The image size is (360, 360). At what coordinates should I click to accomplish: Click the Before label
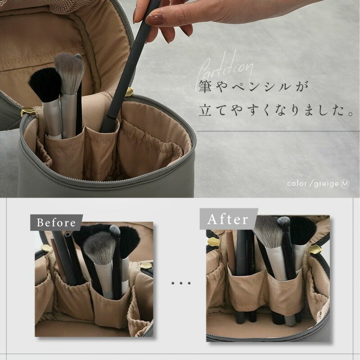coord(56,222)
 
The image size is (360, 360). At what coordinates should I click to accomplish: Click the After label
coord(228,219)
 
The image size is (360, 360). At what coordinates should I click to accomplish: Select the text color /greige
coord(313,184)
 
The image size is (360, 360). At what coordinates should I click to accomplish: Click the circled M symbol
coord(345,184)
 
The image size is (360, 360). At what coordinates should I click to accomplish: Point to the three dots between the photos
coord(180,283)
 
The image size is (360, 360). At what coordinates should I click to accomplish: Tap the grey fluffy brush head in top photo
coord(69,72)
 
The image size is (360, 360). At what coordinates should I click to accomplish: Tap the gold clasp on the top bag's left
coord(28,112)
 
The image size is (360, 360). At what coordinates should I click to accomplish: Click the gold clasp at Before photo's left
coord(46,248)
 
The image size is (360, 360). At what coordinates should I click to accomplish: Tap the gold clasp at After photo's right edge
coord(315,249)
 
